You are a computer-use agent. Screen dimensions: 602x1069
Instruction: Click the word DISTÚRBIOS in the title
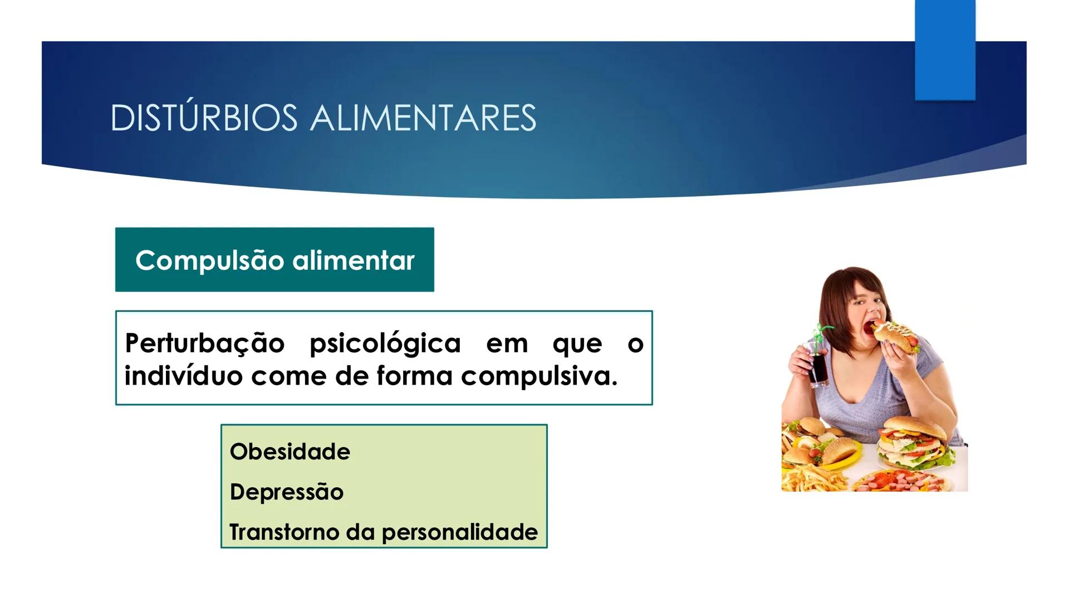click(204, 118)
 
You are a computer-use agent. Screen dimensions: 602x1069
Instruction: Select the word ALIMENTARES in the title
click(423, 118)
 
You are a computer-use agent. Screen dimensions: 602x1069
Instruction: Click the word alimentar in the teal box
click(354, 260)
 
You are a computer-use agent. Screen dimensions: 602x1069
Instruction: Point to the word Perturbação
click(204, 343)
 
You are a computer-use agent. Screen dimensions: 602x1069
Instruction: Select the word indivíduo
click(183, 376)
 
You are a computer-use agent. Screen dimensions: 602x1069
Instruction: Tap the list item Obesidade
click(290, 452)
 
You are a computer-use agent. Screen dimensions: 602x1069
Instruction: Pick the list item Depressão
click(287, 492)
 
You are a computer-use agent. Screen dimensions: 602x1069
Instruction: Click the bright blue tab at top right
click(945, 50)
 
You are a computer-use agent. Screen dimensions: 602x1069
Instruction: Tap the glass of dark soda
click(817, 368)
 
